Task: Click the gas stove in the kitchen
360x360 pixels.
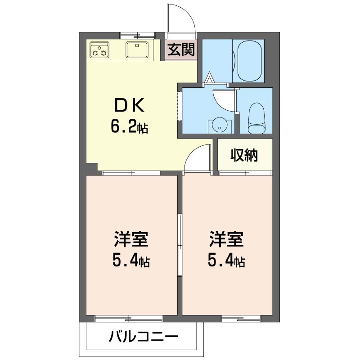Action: (x=100, y=49)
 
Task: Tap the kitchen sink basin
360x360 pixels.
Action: (x=137, y=49)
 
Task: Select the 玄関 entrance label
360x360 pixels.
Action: (x=182, y=50)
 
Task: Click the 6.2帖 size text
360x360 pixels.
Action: (x=130, y=128)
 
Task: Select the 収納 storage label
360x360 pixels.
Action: (x=244, y=155)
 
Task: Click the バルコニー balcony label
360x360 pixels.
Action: (x=144, y=336)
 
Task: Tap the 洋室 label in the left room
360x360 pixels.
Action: (x=131, y=239)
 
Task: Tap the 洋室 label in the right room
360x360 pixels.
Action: (x=226, y=239)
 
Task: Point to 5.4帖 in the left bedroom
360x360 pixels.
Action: (x=131, y=261)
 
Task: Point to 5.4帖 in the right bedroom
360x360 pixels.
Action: (x=226, y=261)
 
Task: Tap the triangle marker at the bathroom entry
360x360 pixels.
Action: (x=209, y=79)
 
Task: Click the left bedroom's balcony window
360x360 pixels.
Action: (x=129, y=318)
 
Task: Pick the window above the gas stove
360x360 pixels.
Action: (x=137, y=35)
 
